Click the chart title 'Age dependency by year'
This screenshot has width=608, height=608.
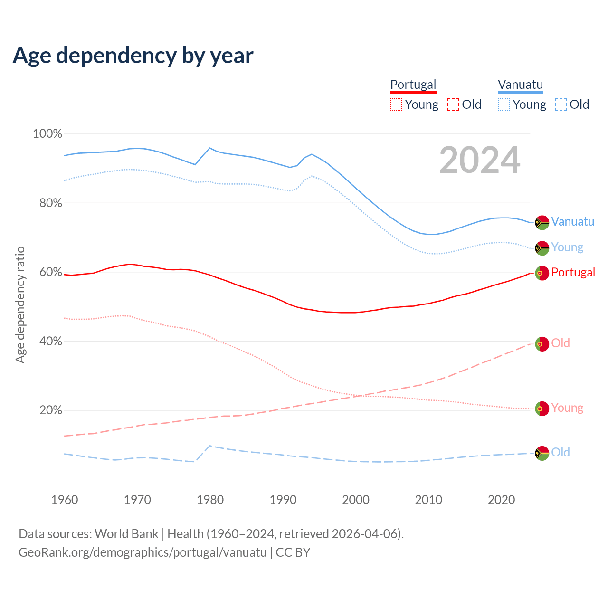(133, 56)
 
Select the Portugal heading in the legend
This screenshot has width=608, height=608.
(413, 85)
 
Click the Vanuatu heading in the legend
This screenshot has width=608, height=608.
(520, 85)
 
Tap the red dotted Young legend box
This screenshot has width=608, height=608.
(396, 104)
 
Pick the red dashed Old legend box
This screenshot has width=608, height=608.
(453, 104)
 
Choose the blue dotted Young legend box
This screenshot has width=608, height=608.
(504, 104)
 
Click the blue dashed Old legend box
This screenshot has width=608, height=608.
(561, 104)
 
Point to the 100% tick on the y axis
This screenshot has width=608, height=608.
(47, 134)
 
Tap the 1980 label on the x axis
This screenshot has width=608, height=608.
(210, 500)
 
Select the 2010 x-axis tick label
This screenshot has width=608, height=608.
(428, 500)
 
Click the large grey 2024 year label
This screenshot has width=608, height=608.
(480, 160)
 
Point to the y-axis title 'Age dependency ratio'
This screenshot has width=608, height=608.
(20, 304)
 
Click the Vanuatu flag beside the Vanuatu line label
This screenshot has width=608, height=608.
(542, 222)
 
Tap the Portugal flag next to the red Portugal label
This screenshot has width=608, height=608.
(542, 273)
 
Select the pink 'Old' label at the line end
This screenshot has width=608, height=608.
(560, 343)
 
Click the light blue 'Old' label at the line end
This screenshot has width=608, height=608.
(560, 452)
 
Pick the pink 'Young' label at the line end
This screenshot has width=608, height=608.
(567, 408)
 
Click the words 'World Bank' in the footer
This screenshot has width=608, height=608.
(126, 534)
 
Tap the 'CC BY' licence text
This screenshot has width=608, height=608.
(293, 552)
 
